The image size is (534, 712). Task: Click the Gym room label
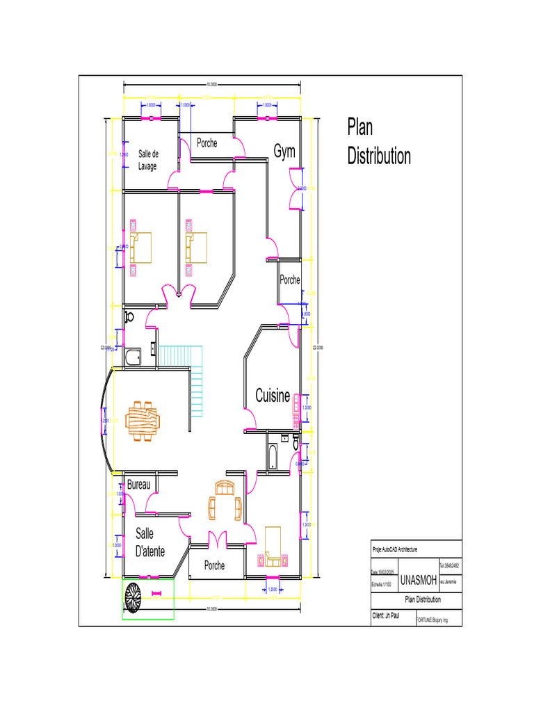[x=284, y=152]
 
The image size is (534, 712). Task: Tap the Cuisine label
[x=273, y=396]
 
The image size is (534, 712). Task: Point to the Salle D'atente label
[x=150, y=542]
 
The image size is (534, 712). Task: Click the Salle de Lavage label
[x=148, y=160]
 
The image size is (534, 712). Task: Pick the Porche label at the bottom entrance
[x=215, y=566]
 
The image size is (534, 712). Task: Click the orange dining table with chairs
[x=142, y=421]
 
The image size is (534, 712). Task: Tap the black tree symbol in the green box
[x=133, y=596]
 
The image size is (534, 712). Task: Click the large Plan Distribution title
[x=378, y=142]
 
